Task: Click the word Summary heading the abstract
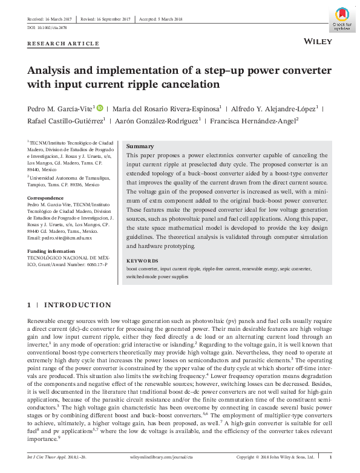tap(140, 146)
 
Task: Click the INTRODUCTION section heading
tap(77, 304)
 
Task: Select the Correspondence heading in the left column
tap(47, 197)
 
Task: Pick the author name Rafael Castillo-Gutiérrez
tap(65, 121)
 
